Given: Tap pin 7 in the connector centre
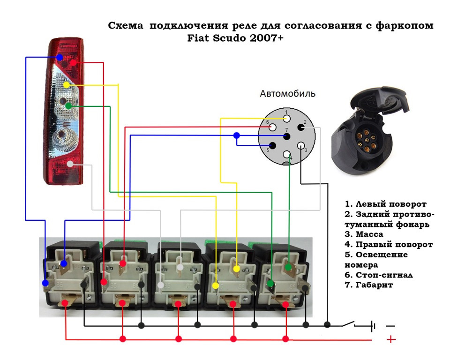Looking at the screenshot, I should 287,136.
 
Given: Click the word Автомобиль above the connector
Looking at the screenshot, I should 287,94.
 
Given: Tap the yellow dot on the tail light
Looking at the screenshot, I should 67,85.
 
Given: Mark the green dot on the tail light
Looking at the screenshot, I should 68,106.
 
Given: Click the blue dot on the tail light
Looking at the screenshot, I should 60,57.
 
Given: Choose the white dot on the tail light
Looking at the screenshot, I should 70,164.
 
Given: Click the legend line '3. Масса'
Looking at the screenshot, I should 364,234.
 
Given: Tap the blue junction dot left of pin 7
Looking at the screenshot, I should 237,135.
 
